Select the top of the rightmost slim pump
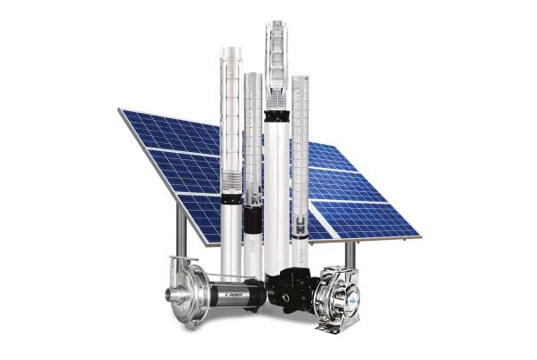coord(300,80)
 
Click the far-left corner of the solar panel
coord(120,110)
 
